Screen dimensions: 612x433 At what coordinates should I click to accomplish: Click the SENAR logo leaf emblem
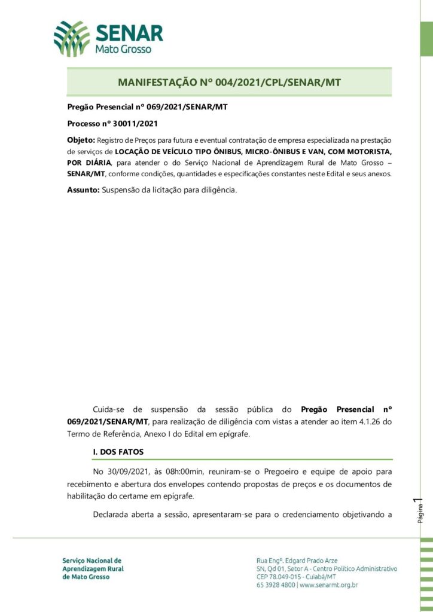(71, 38)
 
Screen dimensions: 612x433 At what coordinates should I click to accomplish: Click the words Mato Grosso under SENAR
(123, 50)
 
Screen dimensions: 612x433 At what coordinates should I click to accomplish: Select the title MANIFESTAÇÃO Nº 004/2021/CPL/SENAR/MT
(229, 82)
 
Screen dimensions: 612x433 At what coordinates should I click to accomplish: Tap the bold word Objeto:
(81, 140)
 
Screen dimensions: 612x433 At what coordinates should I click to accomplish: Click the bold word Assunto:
(83, 190)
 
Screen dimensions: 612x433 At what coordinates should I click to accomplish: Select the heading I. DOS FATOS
(118, 452)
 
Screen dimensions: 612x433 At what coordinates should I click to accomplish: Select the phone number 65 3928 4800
(276, 585)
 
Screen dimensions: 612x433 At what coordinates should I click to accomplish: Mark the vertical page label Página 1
(420, 510)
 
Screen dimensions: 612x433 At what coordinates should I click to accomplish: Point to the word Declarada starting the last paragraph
(114, 514)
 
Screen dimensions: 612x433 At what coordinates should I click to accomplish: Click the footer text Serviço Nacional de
(92, 561)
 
